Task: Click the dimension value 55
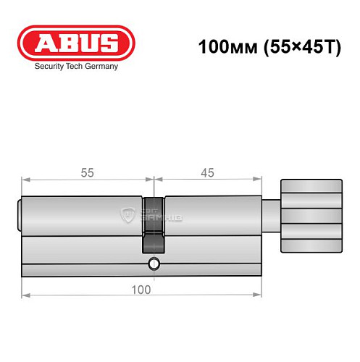click(88, 172)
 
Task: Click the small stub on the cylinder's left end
click(19, 215)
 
